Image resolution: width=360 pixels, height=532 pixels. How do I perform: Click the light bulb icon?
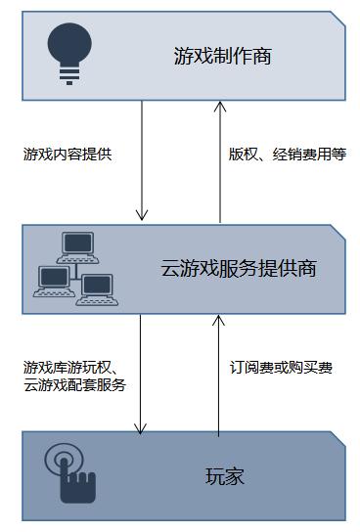(x=69, y=54)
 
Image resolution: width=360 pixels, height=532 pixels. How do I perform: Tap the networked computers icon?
(x=75, y=269)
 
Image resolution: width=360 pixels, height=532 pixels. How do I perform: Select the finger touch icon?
(x=70, y=474)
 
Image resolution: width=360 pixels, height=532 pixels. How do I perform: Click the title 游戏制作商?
(x=223, y=56)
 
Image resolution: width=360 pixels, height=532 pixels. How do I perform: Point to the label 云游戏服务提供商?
(x=239, y=268)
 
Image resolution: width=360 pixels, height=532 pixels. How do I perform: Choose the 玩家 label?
(x=225, y=476)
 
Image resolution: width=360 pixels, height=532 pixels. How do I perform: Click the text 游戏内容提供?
(x=67, y=155)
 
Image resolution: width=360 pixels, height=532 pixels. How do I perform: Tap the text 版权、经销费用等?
(x=288, y=155)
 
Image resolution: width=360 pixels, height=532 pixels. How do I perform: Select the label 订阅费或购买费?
(x=281, y=368)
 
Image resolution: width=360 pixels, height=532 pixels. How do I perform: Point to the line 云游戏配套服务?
(x=75, y=385)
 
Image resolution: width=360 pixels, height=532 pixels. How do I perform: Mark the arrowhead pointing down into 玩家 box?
(x=140, y=429)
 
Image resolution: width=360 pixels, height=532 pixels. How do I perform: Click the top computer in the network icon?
(x=77, y=247)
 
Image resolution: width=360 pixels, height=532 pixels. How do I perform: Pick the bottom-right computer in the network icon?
(x=97, y=289)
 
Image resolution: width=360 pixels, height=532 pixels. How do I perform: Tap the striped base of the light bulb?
(x=69, y=75)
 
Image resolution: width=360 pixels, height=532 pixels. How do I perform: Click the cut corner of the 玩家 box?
(x=337, y=439)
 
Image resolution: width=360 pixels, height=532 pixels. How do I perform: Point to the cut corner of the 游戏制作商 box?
(x=337, y=19)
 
